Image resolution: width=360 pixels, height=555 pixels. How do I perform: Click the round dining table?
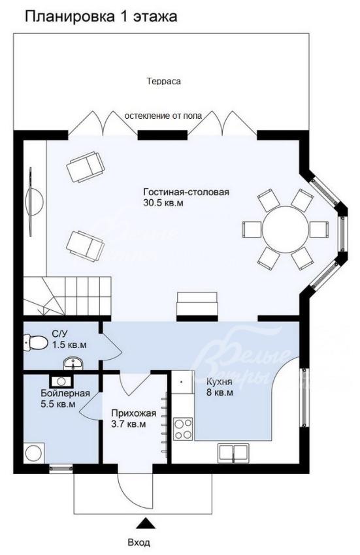[286, 229]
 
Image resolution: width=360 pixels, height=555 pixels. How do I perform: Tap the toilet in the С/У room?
[36, 343]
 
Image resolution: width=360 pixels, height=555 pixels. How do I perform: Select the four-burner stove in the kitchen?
[183, 428]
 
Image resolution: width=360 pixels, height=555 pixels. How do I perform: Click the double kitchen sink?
[233, 453]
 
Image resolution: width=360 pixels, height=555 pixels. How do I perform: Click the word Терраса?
[164, 81]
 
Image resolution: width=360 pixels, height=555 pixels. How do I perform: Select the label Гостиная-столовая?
[186, 192]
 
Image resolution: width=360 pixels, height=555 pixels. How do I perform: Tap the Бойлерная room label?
[65, 393]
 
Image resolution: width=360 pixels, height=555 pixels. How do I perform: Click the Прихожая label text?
[133, 413]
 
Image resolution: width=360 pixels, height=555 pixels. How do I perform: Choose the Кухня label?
[219, 382]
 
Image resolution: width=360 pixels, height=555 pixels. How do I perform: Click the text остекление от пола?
[163, 116]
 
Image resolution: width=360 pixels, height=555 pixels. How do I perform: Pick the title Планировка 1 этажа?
[101, 16]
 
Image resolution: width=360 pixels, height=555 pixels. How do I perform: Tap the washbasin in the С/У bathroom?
[73, 363]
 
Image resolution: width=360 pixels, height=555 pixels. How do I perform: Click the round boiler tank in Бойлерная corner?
[34, 453]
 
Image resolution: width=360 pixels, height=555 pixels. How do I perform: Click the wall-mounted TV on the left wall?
[34, 201]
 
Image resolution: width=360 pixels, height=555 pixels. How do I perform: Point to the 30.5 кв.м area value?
[163, 204]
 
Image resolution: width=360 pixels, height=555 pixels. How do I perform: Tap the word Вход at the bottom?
[139, 542]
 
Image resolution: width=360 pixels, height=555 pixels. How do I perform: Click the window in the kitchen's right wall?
[304, 397]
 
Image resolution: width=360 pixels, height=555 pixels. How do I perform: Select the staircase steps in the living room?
[67, 296]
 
